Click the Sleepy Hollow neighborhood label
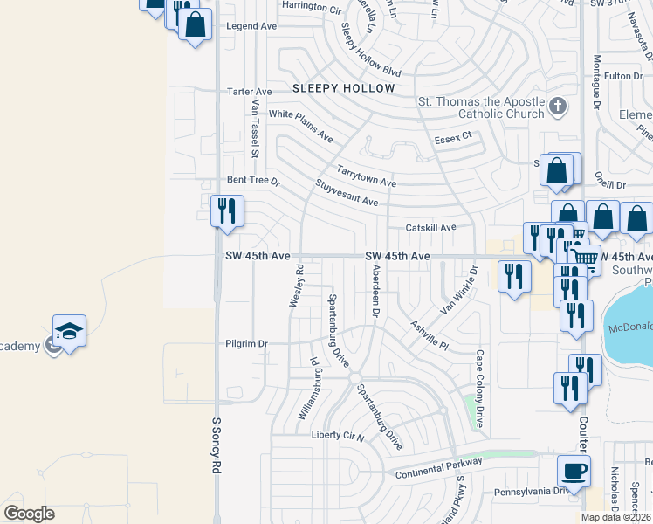point(344,89)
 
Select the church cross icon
point(559,107)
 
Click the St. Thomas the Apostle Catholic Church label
point(479,107)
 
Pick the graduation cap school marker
point(70,332)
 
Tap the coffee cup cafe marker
point(574,472)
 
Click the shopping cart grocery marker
point(584,258)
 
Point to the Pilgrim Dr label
point(245,344)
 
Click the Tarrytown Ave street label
point(367,175)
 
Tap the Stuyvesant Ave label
point(347,193)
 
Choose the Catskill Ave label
point(431,227)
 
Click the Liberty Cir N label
point(336,435)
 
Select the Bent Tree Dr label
point(252,181)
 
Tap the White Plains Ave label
point(301,126)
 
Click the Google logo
point(29,514)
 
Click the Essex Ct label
point(453,137)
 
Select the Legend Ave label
point(251,26)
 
